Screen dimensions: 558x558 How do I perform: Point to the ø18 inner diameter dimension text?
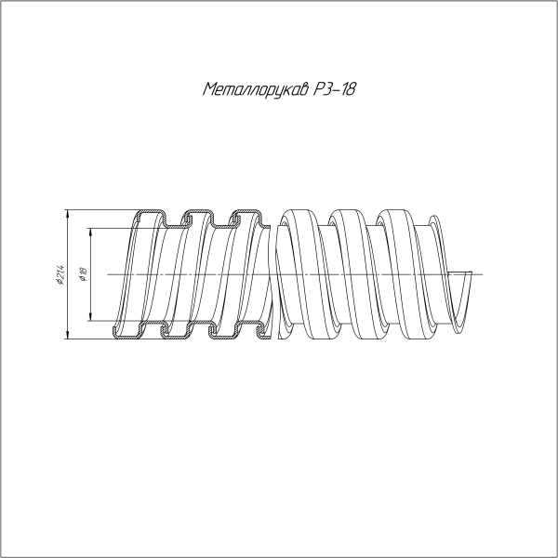[x=83, y=275]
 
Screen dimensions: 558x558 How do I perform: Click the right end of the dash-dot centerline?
[x=484, y=274]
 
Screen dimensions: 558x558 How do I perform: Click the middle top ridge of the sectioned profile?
[x=196, y=214]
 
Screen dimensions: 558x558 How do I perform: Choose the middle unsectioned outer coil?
[x=349, y=274]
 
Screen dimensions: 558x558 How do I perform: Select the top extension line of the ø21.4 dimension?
[x=102, y=210]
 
